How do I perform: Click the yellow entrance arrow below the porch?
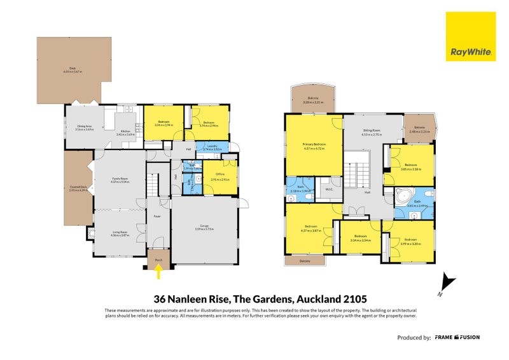[x=158, y=272]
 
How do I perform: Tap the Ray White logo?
[x=471, y=37]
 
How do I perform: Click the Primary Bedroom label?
[x=314, y=146]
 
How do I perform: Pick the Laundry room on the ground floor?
[x=211, y=148]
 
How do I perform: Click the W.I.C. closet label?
[x=329, y=189]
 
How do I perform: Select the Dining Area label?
[x=85, y=128]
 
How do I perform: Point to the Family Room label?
[x=120, y=180]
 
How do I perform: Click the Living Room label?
[x=120, y=233]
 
